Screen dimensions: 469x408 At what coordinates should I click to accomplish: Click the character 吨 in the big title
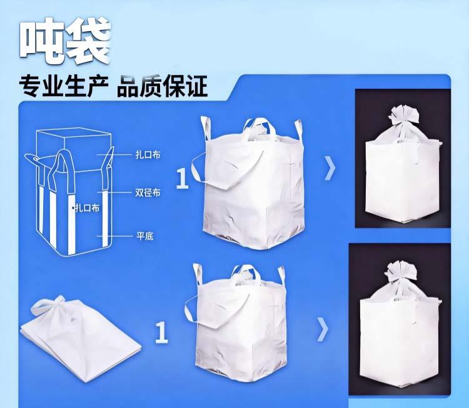pyautogui.click(x=43, y=41)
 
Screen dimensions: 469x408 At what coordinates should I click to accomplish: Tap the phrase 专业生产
pyautogui.click(x=64, y=86)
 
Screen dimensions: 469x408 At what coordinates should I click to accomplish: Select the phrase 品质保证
pyautogui.click(x=162, y=86)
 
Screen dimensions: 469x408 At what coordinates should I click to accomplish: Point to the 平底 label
pyautogui.click(x=145, y=236)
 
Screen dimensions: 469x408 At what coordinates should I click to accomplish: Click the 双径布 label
pyautogui.click(x=148, y=192)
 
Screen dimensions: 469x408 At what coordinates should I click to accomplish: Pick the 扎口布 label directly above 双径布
pyautogui.click(x=148, y=155)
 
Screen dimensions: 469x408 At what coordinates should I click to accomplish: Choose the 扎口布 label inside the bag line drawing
pyautogui.click(x=87, y=207)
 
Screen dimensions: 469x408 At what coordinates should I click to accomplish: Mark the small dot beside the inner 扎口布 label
pyautogui.click(x=73, y=207)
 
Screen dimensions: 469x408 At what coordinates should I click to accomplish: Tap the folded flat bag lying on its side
pyautogui.click(x=81, y=341)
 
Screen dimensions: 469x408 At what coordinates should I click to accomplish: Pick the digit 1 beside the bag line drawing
pyautogui.click(x=182, y=179)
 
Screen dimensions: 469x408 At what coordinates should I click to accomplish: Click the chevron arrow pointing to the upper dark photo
pyautogui.click(x=330, y=168)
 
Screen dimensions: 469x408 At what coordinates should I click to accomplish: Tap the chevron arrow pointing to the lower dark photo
pyautogui.click(x=323, y=329)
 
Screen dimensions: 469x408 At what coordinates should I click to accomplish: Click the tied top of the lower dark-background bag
pyautogui.click(x=401, y=274)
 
